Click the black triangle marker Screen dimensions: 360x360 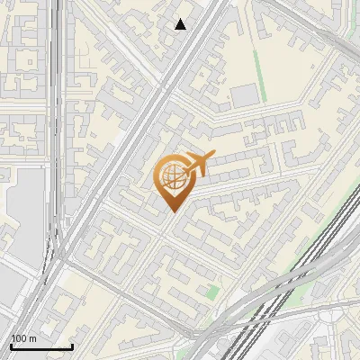click(181, 24)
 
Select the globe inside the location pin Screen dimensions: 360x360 click(171, 175)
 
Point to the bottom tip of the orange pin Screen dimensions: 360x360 click(172, 211)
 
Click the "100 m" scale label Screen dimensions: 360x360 click(23, 339)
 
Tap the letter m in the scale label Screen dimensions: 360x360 click(31, 339)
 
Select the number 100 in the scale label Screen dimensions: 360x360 click(19, 339)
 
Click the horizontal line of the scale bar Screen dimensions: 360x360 click(40, 346)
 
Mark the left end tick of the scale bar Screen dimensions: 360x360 click(11, 345)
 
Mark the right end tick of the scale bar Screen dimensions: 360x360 click(72, 345)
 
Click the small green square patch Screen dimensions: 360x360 click(211, 292)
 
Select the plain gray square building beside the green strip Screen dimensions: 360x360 click(243, 95)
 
